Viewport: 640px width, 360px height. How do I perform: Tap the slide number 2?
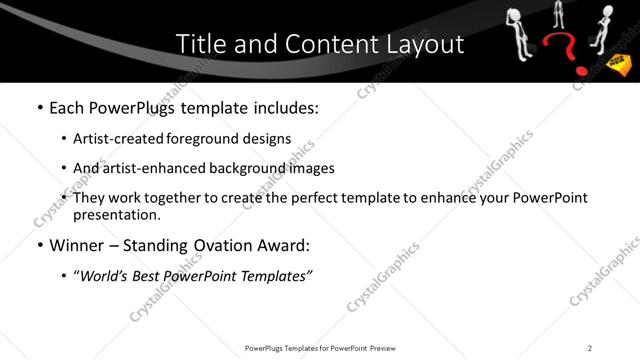(590, 348)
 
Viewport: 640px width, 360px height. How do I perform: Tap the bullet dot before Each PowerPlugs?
(40, 107)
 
